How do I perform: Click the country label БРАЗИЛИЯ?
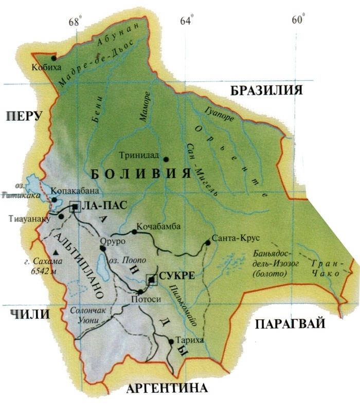click(265, 91)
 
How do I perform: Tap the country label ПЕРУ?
click(23, 117)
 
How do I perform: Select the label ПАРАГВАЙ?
click(290, 324)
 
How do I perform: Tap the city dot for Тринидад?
click(166, 159)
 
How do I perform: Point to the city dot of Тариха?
click(171, 341)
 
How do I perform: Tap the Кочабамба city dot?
click(134, 232)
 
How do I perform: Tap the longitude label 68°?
click(76, 21)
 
